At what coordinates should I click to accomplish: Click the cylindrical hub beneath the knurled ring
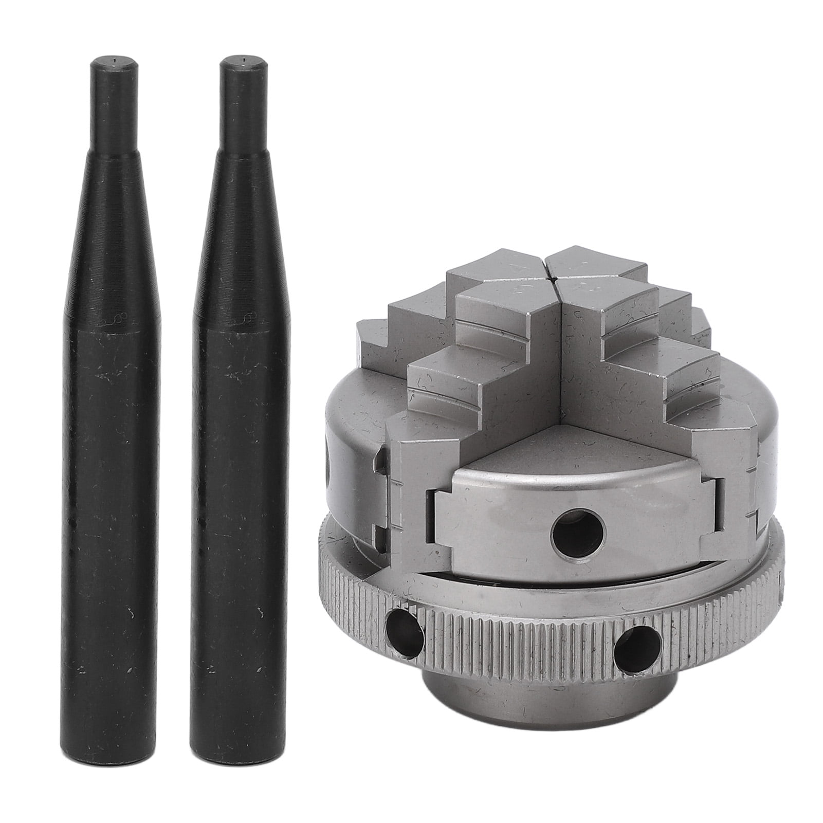555,720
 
